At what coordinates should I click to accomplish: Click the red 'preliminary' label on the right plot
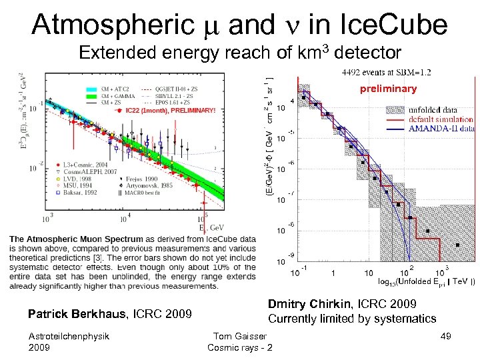(388, 89)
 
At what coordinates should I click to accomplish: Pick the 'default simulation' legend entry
(440, 119)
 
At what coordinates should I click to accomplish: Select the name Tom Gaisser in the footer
(239, 337)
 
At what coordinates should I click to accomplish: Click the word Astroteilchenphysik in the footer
(69, 337)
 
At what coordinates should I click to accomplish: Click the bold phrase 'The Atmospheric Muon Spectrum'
(77, 238)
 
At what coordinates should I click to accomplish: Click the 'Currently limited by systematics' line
(351, 319)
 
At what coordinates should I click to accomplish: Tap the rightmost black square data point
(457, 246)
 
